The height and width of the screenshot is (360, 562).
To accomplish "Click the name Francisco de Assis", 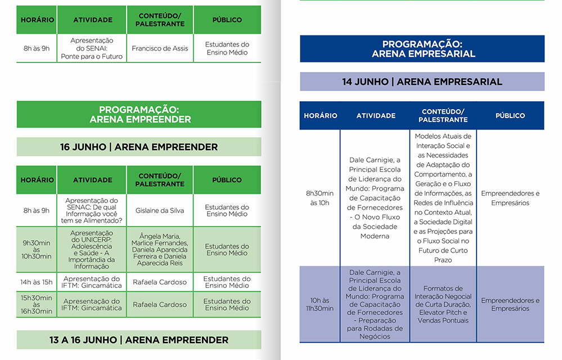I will (x=160, y=48).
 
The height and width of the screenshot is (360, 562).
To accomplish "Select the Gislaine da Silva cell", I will (x=160, y=210).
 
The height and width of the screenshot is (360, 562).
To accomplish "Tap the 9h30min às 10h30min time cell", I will (x=37, y=250).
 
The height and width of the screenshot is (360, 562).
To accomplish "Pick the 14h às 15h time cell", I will (x=37, y=282).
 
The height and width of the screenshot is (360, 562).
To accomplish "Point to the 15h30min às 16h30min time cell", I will (x=37, y=304).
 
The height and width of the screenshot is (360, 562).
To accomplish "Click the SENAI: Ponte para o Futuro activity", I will (x=92, y=48).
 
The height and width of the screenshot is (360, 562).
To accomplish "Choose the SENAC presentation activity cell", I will (x=92, y=210).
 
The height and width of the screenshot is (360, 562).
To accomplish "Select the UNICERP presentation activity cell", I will (x=92, y=250).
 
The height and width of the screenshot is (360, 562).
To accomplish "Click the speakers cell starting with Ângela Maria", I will (x=160, y=250).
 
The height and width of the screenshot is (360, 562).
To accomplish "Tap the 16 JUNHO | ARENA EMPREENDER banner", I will (x=138, y=147).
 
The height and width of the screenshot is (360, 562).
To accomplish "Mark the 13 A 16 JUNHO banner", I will (x=138, y=340).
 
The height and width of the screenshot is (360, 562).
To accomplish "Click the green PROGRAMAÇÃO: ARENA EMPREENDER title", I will (x=138, y=115).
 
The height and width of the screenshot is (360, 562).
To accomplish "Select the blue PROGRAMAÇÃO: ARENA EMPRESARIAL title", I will (x=422, y=49).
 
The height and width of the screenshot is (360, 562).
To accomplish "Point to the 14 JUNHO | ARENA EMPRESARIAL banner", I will (x=422, y=82).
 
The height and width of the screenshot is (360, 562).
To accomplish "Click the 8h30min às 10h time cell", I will (x=320, y=198).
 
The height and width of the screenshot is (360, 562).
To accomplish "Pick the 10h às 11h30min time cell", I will (x=320, y=304).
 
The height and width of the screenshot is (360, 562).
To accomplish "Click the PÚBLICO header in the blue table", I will (x=510, y=116).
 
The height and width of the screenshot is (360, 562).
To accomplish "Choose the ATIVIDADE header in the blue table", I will (x=376, y=116).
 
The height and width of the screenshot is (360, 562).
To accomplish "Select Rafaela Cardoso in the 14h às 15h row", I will (x=160, y=282).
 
